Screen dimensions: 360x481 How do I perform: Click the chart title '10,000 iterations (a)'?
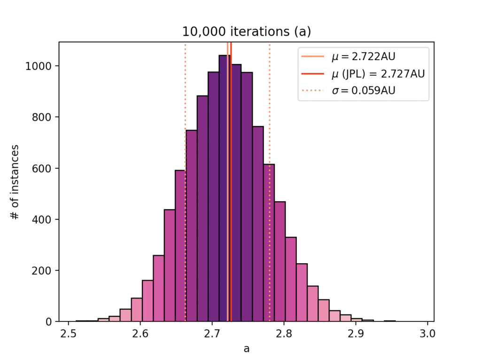[x=247, y=32]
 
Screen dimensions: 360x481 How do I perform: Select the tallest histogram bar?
[x=225, y=188]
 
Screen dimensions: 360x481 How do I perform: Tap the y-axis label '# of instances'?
[x=16, y=182]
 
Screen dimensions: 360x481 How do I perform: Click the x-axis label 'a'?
[x=247, y=348]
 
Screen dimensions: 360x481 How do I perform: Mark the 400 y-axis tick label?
[x=45, y=219]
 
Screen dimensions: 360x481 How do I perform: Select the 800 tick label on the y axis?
[x=45, y=117]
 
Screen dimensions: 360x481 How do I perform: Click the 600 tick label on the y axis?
[x=45, y=168]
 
